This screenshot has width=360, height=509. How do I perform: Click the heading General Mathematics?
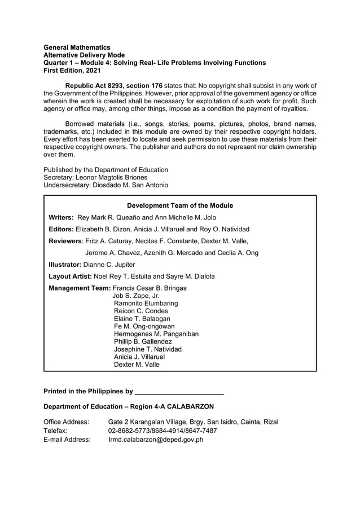tap(77, 47)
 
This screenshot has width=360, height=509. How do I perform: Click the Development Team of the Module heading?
tap(180, 205)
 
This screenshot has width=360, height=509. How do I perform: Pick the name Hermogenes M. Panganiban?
tap(156, 334)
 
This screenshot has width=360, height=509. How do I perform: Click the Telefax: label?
tap(55, 431)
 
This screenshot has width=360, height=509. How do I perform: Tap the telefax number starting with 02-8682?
tap(162, 431)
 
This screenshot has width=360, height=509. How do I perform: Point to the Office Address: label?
tap(66, 422)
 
